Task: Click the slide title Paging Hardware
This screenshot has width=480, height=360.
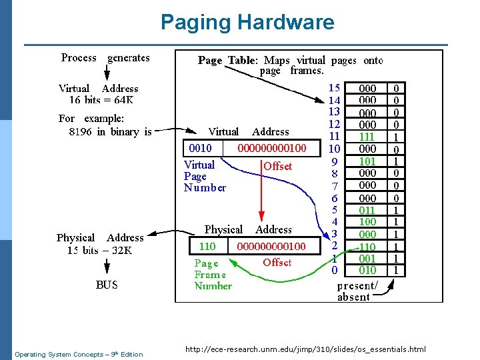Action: pyautogui.click(x=247, y=23)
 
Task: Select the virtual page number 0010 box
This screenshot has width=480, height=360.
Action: pyautogui.click(x=200, y=148)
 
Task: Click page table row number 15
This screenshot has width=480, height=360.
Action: pyautogui.click(x=335, y=88)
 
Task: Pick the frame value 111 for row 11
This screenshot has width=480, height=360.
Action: pyautogui.click(x=367, y=137)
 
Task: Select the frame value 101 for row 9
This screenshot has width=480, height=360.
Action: pyautogui.click(x=367, y=161)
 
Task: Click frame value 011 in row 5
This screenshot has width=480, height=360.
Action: pyautogui.click(x=367, y=210)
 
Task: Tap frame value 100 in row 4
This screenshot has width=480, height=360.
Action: pyautogui.click(x=367, y=222)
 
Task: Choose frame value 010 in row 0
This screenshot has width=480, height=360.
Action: pyautogui.click(x=367, y=271)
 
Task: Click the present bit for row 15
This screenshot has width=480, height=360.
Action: pyautogui.click(x=397, y=88)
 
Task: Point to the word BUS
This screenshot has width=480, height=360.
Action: pyautogui.click(x=107, y=285)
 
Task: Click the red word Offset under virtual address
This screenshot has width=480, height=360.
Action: pyautogui.click(x=277, y=166)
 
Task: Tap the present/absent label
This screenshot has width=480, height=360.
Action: pyautogui.click(x=357, y=291)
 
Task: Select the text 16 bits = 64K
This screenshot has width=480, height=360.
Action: pyautogui.click(x=101, y=101)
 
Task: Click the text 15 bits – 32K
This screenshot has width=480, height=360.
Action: pyautogui.click(x=99, y=251)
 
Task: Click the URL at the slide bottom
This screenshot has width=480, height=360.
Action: pyautogui.click(x=305, y=349)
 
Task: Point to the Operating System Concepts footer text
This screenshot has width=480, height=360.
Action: pyautogui.click(x=79, y=354)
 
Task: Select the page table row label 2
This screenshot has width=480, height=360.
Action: pyautogui.click(x=335, y=246)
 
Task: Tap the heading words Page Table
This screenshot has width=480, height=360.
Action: pyautogui.click(x=226, y=61)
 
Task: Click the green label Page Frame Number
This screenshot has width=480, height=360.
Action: pyautogui.click(x=213, y=274)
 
